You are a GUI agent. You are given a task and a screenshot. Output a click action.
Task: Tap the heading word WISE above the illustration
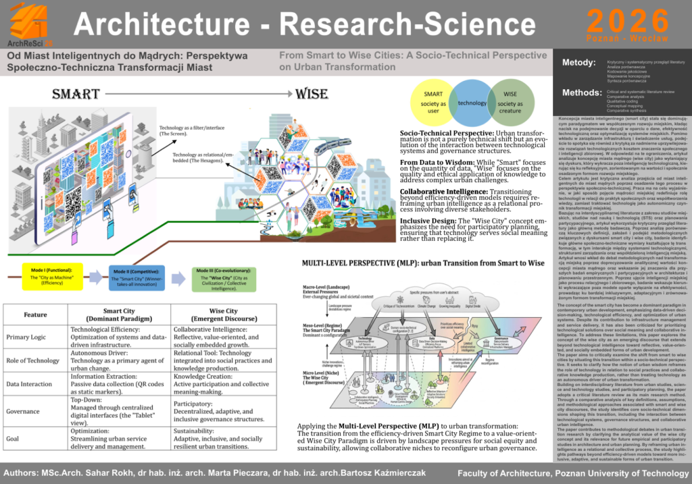(x=312, y=92)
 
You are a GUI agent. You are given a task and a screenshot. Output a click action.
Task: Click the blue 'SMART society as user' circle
(x=435, y=102)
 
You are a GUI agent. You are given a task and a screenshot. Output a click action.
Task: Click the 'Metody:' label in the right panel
(x=578, y=63)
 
